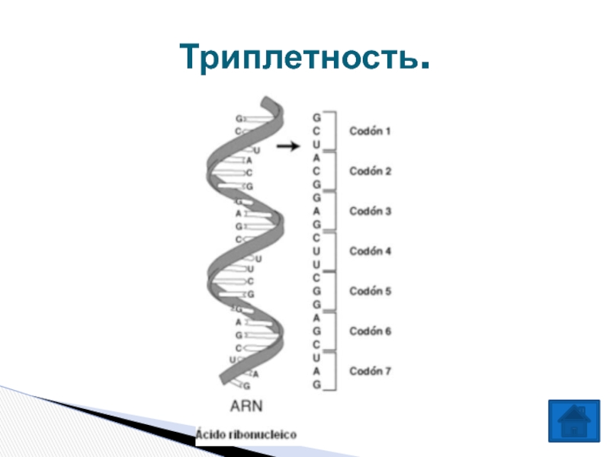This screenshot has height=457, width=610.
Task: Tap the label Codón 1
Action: [370, 131]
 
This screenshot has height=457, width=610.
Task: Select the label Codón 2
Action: [370, 171]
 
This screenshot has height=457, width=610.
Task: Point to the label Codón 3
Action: [370, 211]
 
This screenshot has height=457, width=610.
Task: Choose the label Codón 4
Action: [370, 251]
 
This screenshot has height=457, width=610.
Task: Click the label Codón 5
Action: [370, 291]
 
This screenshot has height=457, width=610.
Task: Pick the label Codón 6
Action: [370, 331]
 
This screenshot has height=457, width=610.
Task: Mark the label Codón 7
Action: [370, 371]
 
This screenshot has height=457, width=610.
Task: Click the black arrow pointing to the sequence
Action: [287, 147]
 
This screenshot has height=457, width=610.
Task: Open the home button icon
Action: [573, 420]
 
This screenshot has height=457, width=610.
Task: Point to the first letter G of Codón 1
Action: [316, 118]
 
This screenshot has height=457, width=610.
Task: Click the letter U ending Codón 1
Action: [316, 145]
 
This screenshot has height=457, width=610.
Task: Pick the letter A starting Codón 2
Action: [316, 158]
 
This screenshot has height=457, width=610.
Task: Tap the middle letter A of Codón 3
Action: [316, 211]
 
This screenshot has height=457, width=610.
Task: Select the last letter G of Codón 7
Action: [316, 385]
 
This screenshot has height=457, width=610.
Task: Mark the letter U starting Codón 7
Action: [316, 358]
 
